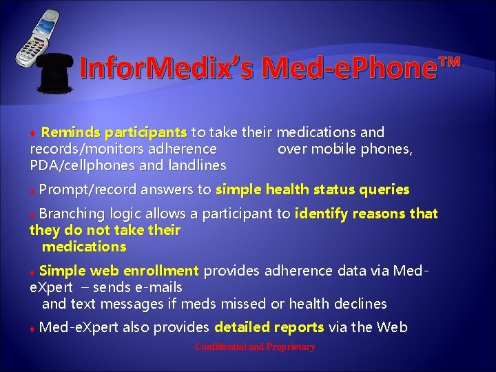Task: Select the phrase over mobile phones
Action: (344, 149)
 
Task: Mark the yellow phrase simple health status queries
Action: (312, 189)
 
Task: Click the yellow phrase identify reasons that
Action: (366, 214)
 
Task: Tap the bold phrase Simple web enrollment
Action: (119, 271)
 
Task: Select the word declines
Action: (361, 304)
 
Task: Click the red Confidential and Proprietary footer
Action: (255, 347)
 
